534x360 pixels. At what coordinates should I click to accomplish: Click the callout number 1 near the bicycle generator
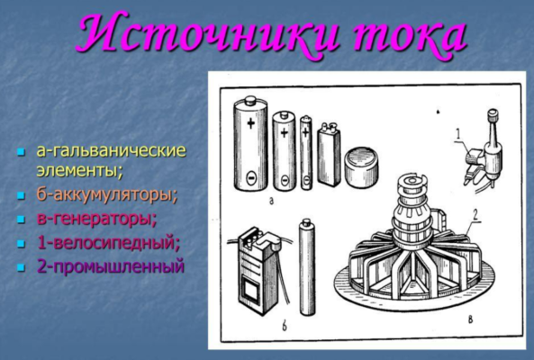pyautogui.click(x=459, y=136)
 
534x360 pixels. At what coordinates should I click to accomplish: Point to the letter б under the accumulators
pyautogui.click(x=285, y=325)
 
